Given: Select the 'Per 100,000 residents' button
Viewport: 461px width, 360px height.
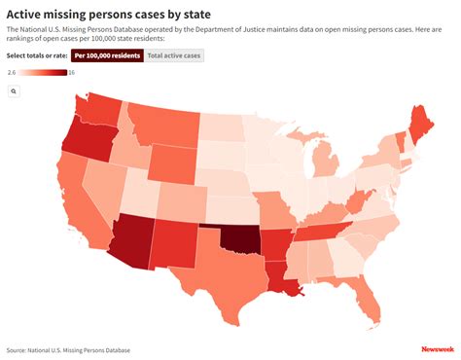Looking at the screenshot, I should (107, 55).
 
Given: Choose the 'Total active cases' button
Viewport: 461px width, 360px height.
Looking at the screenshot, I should (174, 55).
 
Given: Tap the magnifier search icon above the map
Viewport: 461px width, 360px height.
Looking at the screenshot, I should (15, 90).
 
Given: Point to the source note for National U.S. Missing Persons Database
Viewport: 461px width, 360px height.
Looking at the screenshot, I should (68, 349).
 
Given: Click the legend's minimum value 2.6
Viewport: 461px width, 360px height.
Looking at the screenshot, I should (12, 73).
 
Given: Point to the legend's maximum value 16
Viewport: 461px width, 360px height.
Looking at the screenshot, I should (72, 73).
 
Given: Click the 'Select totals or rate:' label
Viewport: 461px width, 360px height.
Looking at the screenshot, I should (36, 55).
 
